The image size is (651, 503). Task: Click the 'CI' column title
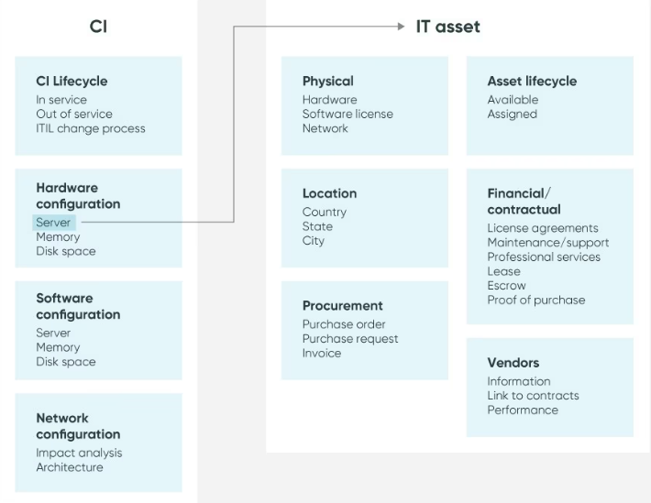98,27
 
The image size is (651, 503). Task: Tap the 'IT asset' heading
448,27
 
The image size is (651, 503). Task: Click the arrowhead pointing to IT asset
401,27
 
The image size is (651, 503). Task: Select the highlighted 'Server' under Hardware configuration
53,223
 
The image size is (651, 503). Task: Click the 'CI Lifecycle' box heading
72,81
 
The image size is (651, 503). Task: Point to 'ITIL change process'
91,128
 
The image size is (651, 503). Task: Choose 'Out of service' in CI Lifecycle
74,114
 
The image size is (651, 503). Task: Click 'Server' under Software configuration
53,333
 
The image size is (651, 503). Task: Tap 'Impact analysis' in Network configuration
79,453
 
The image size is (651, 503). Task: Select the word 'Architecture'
70,467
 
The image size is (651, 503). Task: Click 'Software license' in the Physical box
348,114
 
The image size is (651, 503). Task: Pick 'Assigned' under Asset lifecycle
513,115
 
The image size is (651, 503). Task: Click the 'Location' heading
330,193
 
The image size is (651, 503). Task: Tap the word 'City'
313,241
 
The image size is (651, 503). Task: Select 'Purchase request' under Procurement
350,339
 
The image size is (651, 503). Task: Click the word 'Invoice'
322,353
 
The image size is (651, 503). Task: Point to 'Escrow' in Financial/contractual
506,286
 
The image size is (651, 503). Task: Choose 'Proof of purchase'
536,300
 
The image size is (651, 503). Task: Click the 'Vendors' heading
513,363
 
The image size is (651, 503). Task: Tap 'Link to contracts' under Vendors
533,396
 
